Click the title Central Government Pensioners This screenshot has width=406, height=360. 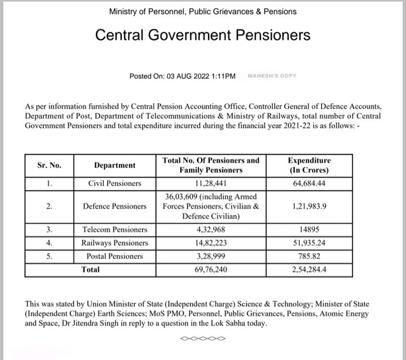pos(202,35)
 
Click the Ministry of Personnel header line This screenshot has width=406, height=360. pos(202,11)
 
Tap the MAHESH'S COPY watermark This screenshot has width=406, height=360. pos(272,76)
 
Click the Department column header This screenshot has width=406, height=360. pos(114,165)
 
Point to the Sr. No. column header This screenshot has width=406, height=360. pos(49,165)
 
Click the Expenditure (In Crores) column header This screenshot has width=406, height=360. pos(309,165)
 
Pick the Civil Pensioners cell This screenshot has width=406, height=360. pos(114,183)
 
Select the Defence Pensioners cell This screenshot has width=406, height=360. pos(114,207)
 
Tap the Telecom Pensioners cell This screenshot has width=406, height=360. pos(114,230)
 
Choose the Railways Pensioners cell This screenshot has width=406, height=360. pos(114,243)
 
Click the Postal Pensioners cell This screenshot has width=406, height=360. pos(114,256)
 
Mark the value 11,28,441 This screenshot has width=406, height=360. pos(211,183)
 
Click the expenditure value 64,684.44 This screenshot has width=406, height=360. pos(309,183)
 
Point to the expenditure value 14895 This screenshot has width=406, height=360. pos(309,230)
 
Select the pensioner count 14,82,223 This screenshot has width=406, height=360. pos(211,243)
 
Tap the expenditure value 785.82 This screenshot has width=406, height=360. pos(309,256)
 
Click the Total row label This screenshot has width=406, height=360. pos(90,270)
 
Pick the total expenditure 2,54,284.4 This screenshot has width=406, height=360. pos(309,270)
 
